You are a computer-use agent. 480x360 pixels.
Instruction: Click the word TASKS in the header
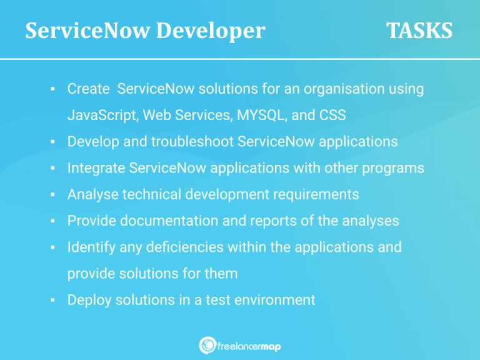click(419, 31)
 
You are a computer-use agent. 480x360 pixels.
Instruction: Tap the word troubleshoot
click(192, 142)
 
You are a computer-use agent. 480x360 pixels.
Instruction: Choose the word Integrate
click(96, 168)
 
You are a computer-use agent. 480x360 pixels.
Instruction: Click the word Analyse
click(92, 194)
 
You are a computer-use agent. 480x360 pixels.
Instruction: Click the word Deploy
click(89, 300)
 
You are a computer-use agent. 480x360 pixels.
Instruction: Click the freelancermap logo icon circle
click(207, 345)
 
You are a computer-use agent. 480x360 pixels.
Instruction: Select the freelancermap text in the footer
click(249, 346)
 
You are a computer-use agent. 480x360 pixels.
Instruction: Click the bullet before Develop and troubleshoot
click(54, 142)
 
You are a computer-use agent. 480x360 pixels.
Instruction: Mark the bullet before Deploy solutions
click(54, 301)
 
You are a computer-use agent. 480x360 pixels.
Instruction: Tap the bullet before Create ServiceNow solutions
click(54, 90)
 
